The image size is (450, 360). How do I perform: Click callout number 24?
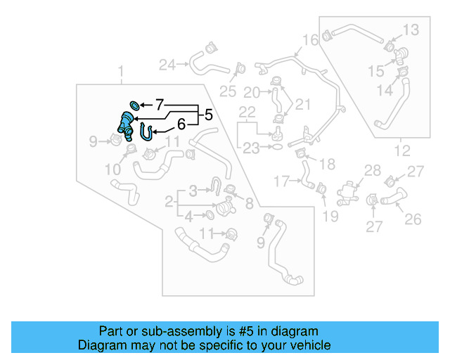point(167,65)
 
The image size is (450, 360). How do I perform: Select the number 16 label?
point(311,39)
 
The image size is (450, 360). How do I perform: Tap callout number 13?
point(411,30)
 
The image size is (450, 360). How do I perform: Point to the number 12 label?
point(401,150)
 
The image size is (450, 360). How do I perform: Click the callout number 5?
point(208,113)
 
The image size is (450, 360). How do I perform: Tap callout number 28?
point(373,169)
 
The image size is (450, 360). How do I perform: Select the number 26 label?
point(413,219)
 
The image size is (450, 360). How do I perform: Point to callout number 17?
point(282,181)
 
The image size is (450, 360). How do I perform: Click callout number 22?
point(247,112)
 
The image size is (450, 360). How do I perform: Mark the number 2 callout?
point(169,202)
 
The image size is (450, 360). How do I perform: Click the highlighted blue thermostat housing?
point(127,127)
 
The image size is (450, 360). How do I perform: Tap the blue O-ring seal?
point(135,105)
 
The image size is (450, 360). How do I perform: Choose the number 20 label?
point(252,92)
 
